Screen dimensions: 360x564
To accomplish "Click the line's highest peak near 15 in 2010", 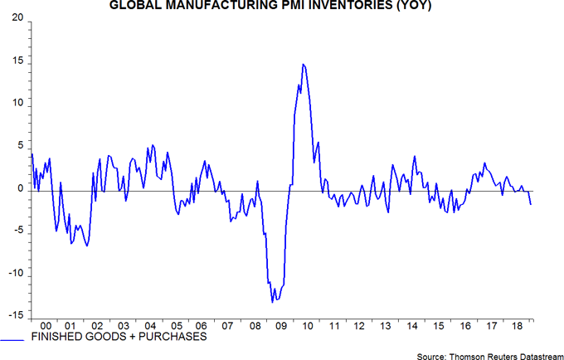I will (x=304, y=64).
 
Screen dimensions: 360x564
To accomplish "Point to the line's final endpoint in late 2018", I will (x=531, y=204).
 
